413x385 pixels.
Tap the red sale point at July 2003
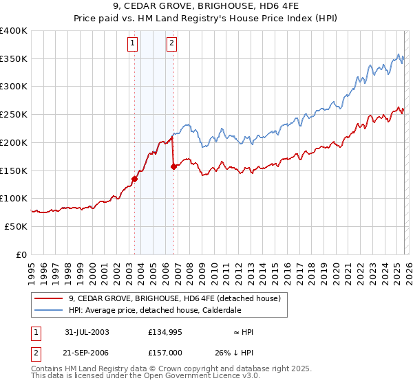point(135,179)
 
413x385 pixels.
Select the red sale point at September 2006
point(173,166)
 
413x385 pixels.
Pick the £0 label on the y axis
point(21,254)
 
